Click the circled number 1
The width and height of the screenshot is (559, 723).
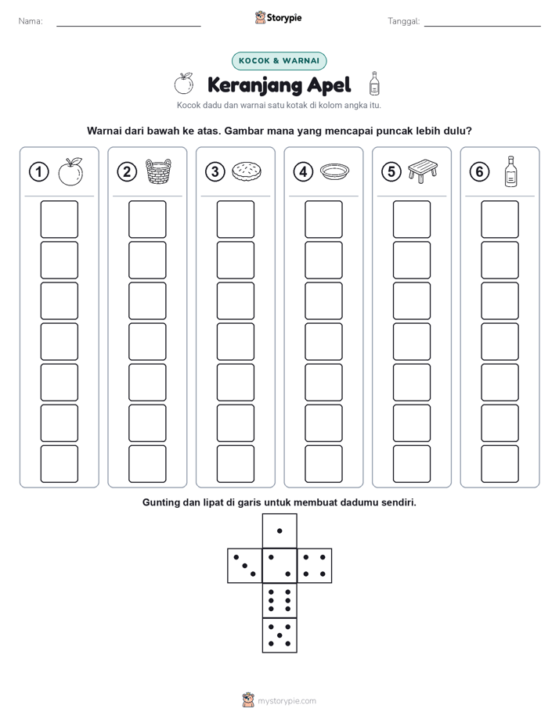point(38,172)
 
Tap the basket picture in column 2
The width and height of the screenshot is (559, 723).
point(158,171)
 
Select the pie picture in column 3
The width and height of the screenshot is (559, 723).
point(247,171)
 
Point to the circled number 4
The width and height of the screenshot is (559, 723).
point(303,172)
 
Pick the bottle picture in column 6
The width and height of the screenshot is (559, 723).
point(510,171)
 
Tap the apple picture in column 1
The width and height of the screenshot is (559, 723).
point(70,171)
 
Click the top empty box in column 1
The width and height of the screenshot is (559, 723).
point(59,219)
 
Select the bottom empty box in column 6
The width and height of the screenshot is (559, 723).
point(499,464)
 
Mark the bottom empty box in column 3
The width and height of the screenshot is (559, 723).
point(235,464)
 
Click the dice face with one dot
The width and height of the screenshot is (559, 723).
point(279,531)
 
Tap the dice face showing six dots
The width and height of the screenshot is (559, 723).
point(279,600)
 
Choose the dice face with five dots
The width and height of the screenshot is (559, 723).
point(279,635)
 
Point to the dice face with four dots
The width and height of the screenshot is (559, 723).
point(315,566)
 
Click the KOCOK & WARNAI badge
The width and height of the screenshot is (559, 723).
point(279,61)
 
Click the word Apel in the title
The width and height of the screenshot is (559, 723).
point(329,85)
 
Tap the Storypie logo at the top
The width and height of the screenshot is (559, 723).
point(278,18)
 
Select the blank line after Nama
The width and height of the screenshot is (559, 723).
point(128,26)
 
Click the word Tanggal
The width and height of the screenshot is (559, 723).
point(403,21)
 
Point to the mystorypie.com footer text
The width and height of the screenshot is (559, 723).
point(287,701)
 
